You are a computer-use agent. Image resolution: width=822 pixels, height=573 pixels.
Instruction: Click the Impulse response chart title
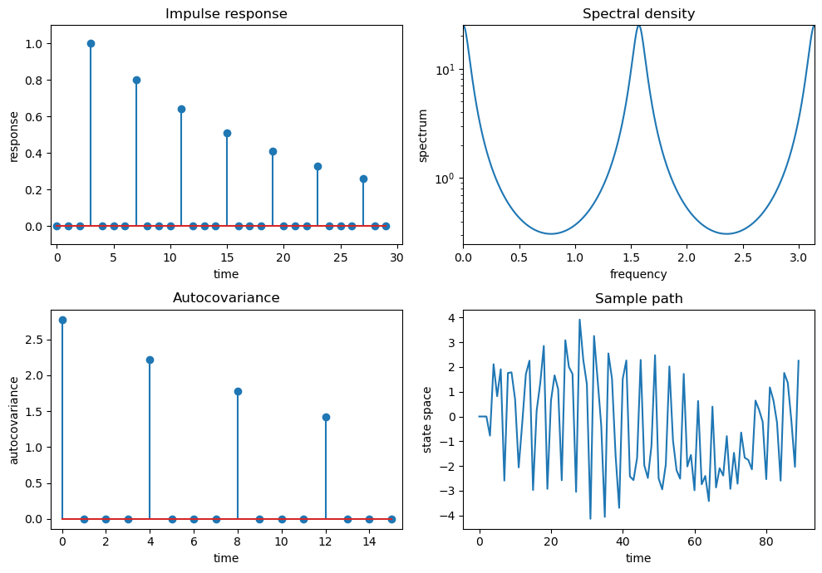pos(226,14)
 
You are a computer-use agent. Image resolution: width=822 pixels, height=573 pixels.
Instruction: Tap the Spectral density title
pos(638,14)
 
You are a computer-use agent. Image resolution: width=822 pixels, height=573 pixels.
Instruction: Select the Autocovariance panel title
pos(226,297)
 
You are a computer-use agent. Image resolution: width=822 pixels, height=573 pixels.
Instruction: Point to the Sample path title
pos(638,299)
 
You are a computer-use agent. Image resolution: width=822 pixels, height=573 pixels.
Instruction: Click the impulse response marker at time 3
pos(91,43)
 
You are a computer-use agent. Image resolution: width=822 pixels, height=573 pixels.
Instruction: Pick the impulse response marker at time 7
pos(136,80)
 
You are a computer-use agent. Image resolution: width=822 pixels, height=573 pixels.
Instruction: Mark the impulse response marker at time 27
pos(363,179)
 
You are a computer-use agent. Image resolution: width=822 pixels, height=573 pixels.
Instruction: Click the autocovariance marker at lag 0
pos(62,320)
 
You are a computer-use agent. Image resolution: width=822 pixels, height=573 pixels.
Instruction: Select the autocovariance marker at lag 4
pos(150,360)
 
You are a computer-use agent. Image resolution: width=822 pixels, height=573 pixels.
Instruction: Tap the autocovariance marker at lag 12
pos(326,417)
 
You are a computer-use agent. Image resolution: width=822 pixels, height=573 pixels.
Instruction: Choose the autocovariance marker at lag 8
pos(238,391)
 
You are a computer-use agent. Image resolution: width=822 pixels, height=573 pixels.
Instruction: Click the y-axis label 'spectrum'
pos(423,135)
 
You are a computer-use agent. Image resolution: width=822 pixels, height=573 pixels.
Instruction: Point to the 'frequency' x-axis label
pos(638,274)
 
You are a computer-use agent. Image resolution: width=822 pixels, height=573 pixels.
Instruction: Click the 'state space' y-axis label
pos(427,419)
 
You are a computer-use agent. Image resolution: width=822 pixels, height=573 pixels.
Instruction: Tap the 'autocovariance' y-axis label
pos(14,419)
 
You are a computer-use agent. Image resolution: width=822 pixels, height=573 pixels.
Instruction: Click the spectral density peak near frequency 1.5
pos(638,27)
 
